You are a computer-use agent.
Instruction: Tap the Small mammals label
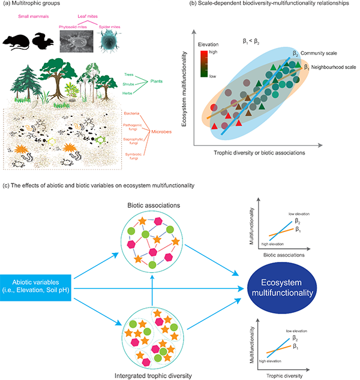(23, 23)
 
